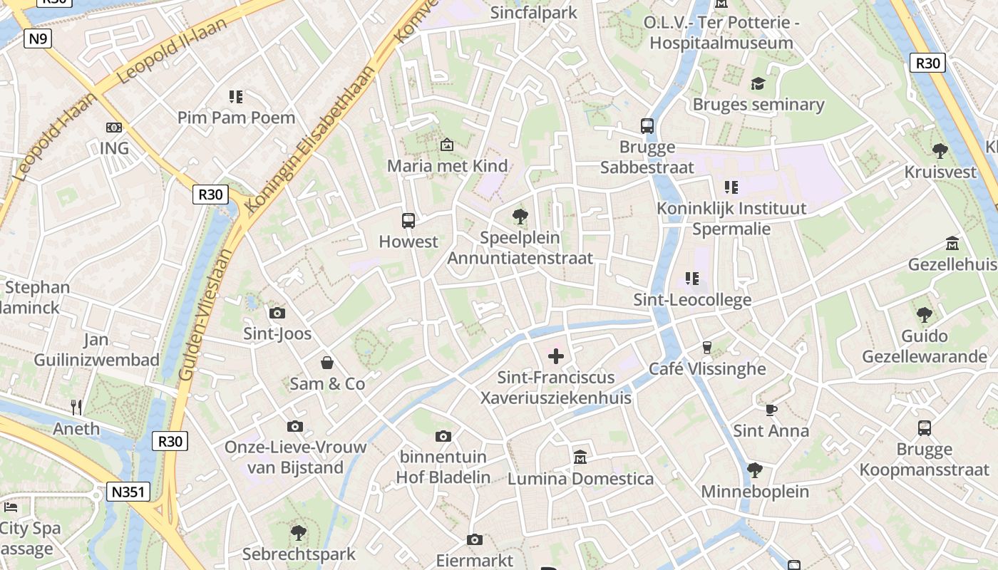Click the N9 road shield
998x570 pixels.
point(38,38)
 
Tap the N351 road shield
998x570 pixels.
point(128,492)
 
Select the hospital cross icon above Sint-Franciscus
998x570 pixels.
point(556,356)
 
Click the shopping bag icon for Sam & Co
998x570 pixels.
point(327,363)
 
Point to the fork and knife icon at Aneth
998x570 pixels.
point(76,408)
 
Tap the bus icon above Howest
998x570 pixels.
point(408,220)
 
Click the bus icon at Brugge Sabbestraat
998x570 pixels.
point(647,126)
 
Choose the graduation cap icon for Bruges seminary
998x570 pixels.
point(758,83)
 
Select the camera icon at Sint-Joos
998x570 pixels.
point(277,313)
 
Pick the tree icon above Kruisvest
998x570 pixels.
point(940,150)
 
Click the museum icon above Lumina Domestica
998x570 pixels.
point(580,457)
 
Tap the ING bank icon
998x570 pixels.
point(114,128)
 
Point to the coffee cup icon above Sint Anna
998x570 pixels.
point(771,410)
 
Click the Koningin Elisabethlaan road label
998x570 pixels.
point(309,139)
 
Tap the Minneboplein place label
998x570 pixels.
point(755,492)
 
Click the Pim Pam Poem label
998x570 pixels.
point(236,118)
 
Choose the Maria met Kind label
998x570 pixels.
point(447,166)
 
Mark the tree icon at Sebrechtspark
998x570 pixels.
point(299,532)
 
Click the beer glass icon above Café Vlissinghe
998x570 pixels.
point(707,347)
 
